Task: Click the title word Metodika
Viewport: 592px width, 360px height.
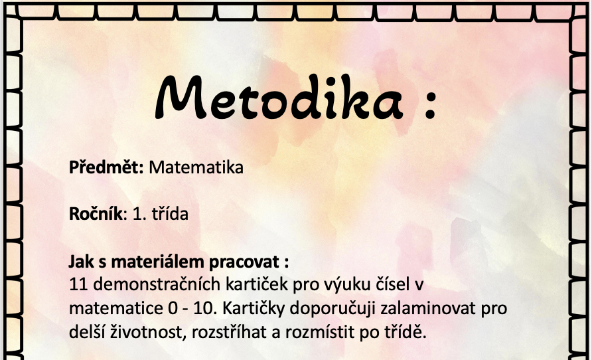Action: [279, 98]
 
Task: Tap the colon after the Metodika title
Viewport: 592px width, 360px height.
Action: [429, 102]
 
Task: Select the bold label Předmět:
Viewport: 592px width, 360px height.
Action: [106, 167]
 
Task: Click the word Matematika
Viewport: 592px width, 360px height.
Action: [196, 167]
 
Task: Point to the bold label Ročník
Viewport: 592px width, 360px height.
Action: [96, 214]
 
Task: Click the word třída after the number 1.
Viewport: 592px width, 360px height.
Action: [170, 214]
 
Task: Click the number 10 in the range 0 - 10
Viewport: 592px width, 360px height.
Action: [205, 309]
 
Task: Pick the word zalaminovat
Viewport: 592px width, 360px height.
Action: [428, 308]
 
